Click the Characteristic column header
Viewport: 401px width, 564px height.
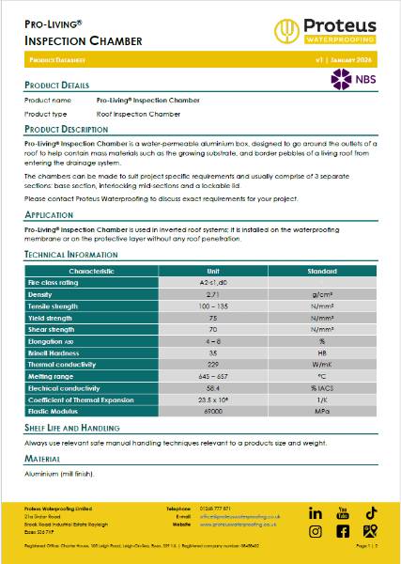pos(91,271)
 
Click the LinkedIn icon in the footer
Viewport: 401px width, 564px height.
pos(316,513)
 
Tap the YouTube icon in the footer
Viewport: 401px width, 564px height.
pos(343,513)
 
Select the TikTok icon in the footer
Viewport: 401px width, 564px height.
pos(371,513)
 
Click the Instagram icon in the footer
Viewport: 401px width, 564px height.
pos(316,531)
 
